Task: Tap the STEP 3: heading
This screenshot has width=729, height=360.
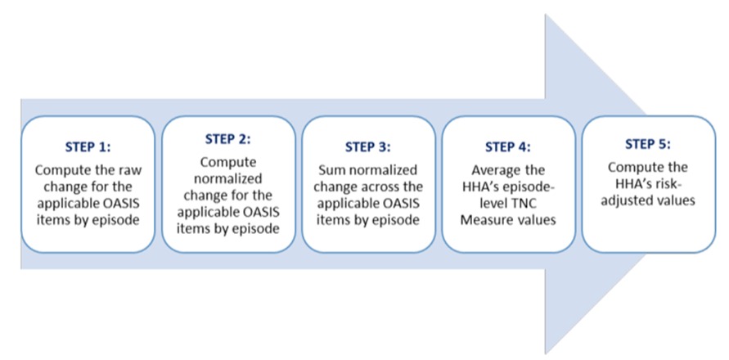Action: pos(367,148)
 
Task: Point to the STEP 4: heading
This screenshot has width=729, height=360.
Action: pos(507,148)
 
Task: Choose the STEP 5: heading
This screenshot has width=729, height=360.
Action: pos(647,144)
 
